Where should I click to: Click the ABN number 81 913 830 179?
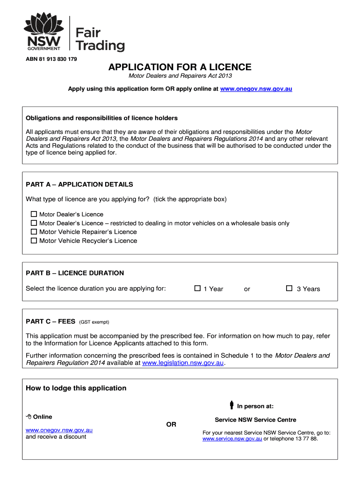(x=51, y=59)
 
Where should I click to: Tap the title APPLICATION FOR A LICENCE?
(x=180, y=67)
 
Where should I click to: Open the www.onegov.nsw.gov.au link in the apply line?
(x=256, y=88)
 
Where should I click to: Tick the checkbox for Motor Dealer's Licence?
(x=34, y=214)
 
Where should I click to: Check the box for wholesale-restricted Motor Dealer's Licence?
(x=34, y=223)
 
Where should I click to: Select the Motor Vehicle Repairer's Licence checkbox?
(x=34, y=232)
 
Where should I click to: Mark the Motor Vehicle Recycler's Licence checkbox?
(x=34, y=240)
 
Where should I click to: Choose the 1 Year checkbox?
(x=197, y=289)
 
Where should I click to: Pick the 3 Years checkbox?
(x=289, y=289)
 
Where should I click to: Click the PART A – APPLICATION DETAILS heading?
(x=79, y=184)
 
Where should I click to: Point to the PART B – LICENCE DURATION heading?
(x=75, y=273)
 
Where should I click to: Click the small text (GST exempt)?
(x=94, y=322)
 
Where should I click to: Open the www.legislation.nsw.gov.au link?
(x=183, y=363)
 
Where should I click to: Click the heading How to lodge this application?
(x=76, y=388)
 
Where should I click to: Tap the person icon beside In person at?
(x=231, y=405)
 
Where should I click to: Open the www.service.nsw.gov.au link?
(x=232, y=439)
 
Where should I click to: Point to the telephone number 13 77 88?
(x=308, y=439)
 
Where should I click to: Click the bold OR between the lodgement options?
(x=172, y=424)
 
